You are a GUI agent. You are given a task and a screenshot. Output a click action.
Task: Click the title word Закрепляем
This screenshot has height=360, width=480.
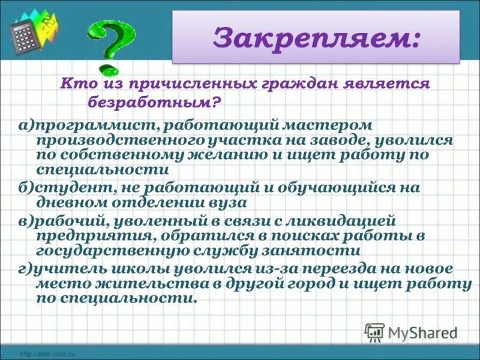coord(316,38)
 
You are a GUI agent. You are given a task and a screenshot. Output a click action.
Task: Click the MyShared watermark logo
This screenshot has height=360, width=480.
coord(412,332)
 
